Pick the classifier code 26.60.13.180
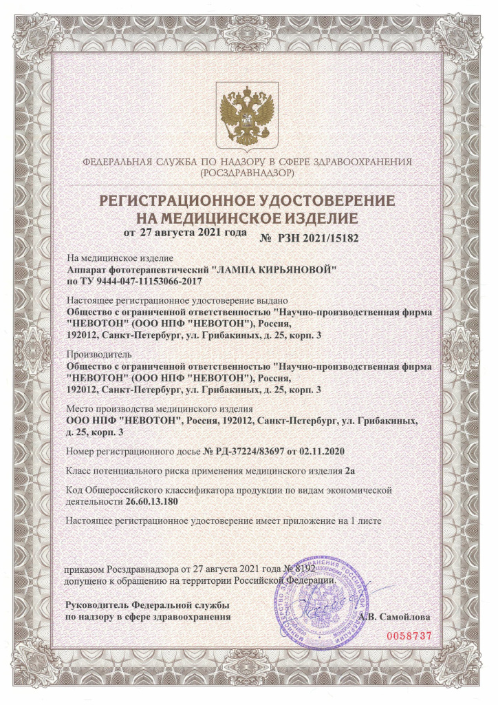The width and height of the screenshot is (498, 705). coord(156,502)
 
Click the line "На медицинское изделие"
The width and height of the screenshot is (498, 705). coord(114,258)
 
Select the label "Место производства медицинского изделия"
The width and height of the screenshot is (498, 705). coord(160,408)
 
